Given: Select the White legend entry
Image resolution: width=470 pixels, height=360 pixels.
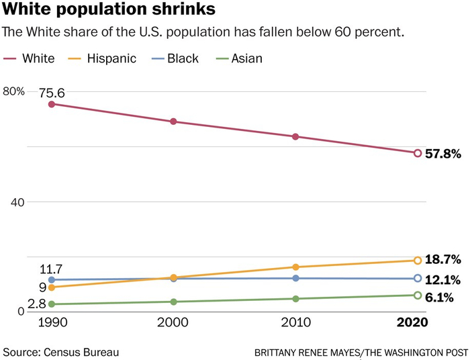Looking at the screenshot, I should coord(30,58).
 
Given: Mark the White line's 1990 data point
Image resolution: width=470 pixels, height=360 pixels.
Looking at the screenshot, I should coord(52,104).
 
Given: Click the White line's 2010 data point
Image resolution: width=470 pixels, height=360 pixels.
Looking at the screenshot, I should coord(295,137).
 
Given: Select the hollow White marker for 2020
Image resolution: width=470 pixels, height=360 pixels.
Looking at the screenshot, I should coord(417,153).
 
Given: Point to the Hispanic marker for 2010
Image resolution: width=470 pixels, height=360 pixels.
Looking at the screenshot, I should coord(295,267).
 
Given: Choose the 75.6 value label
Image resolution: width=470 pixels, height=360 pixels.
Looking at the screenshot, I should coord(52,93).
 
